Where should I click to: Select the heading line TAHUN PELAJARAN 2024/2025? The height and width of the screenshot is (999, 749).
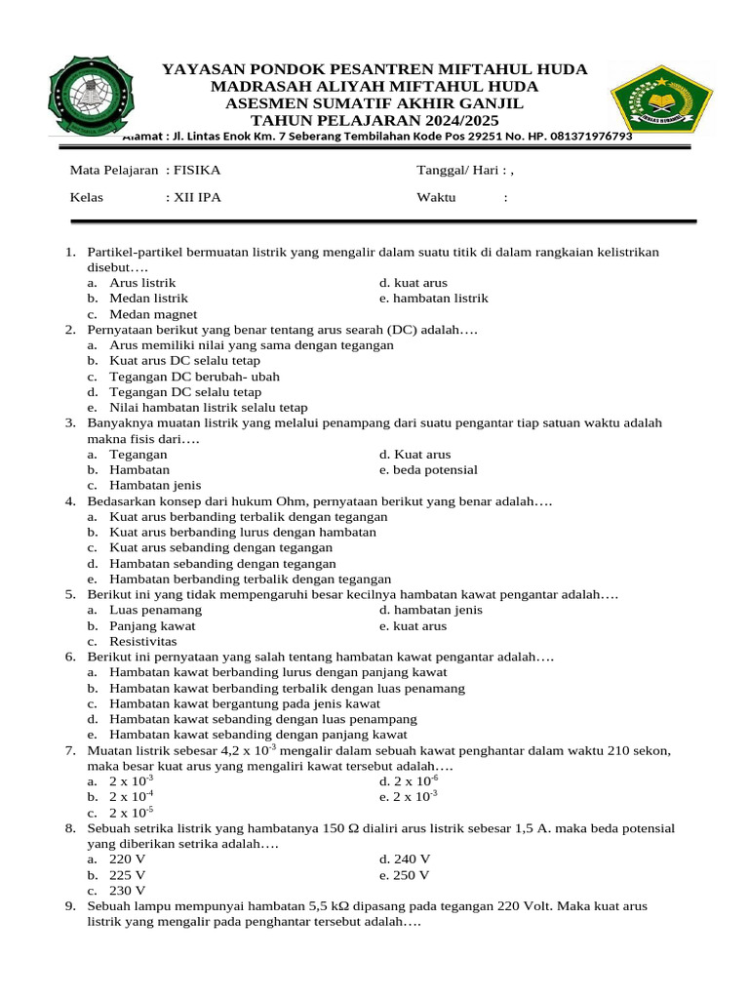pos(374,120)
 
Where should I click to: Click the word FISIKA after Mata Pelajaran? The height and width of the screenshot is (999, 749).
pos(196,170)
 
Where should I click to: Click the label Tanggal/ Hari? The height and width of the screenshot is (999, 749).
pos(459,170)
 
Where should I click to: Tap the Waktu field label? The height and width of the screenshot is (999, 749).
pos(436,198)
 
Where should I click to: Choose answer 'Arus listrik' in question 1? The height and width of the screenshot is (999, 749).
pos(142,283)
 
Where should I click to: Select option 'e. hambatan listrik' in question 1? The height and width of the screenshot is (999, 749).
pos(433,299)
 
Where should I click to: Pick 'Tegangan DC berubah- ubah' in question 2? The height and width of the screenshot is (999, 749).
pos(194,377)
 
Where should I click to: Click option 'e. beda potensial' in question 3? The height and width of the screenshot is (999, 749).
pos(428,470)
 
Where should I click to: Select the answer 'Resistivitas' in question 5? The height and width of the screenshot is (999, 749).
pos(143,642)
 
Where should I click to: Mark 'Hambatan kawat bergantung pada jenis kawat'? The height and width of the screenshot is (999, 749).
pos(245,703)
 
